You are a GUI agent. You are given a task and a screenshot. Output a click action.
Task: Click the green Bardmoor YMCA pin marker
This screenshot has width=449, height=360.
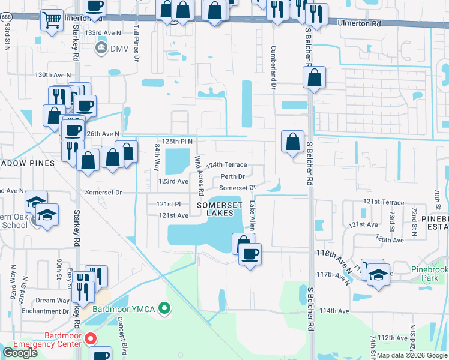tap(165, 309)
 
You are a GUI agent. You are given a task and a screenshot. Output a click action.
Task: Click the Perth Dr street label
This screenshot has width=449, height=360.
tap(232, 176)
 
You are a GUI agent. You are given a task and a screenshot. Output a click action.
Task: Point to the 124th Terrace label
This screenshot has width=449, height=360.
tap(226, 164)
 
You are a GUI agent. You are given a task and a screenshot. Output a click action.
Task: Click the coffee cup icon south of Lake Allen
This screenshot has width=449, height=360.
tap(250, 253)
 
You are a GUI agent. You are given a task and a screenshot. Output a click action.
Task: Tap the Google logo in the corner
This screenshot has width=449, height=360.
tap(20, 353)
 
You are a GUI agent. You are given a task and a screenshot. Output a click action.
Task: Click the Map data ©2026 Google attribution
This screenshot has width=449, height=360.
tap(411, 355)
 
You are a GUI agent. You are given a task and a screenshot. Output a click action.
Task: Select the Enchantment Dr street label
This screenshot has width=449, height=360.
tap(45, 311)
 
